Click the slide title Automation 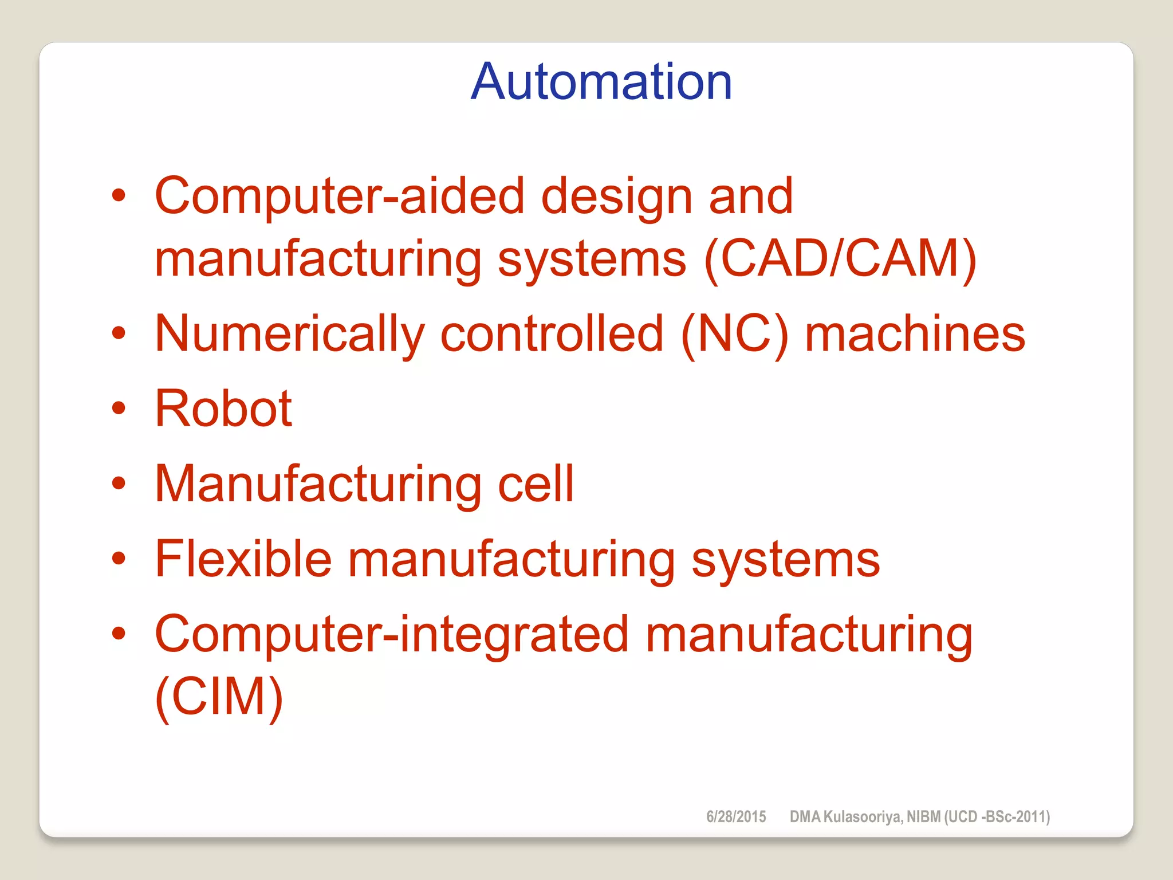pos(601,82)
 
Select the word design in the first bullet pos(616,197)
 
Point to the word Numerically pos(290,335)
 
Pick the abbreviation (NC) pos(735,335)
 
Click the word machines pos(915,335)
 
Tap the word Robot pos(223,408)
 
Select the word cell pos(536,484)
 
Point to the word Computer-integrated pos(392,634)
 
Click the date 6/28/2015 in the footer pos(736,816)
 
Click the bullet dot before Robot pos(119,408)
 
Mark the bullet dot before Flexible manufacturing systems pos(119,559)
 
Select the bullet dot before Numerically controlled pos(119,333)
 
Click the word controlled pos(552,335)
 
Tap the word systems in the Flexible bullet pos(785,560)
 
